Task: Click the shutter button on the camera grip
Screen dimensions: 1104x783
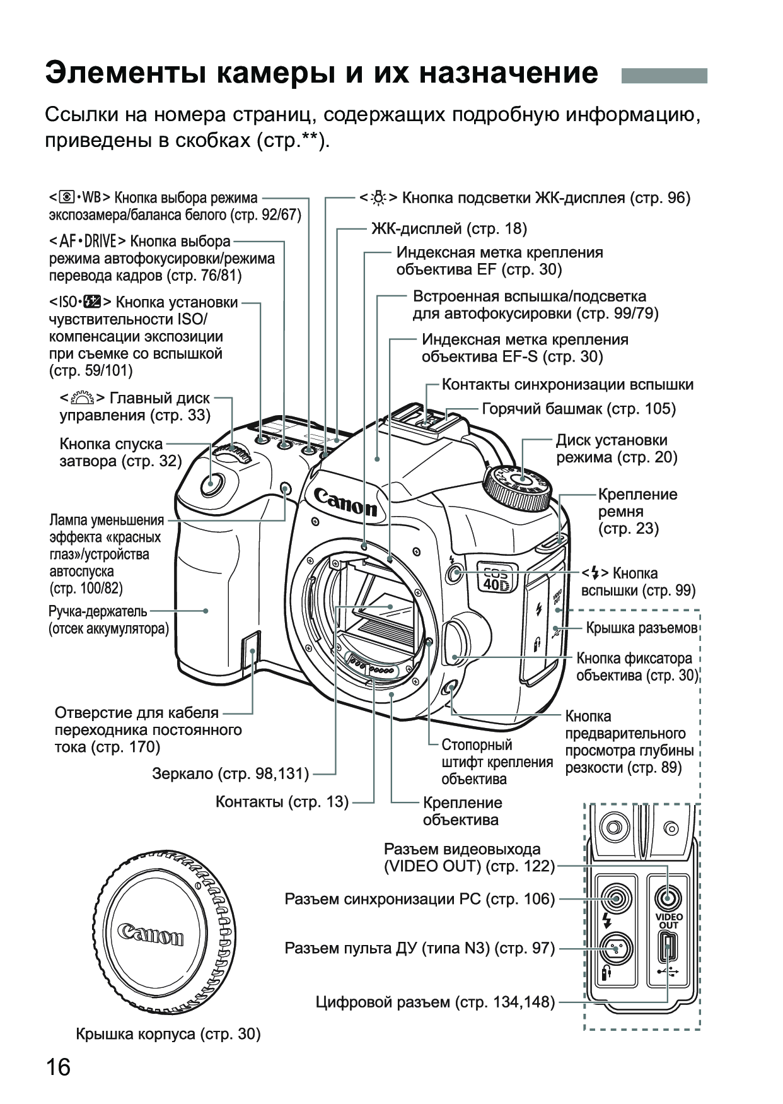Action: (x=211, y=484)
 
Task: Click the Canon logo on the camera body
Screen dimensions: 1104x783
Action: (x=345, y=502)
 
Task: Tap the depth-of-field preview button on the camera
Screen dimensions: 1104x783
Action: (x=450, y=690)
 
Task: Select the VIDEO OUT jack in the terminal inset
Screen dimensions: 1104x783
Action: (x=668, y=897)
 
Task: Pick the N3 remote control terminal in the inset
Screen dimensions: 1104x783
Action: (x=615, y=947)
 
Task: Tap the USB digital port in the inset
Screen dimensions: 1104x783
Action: (x=668, y=948)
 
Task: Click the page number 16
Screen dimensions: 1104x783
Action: (x=58, y=1067)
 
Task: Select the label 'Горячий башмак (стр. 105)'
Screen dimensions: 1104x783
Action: (x=578, y=409)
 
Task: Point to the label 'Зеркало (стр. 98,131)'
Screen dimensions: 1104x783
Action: (x=231, y=773)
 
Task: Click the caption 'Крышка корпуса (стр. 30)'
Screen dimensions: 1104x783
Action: (x=168, y=1033)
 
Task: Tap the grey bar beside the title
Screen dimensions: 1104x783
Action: (x=664, y=75)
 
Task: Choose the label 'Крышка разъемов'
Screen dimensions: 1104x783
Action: (x=641, y=628)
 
